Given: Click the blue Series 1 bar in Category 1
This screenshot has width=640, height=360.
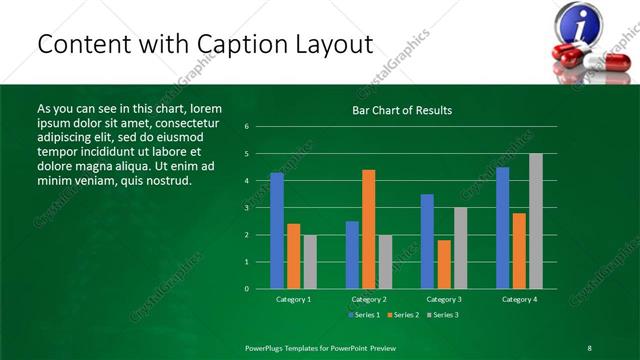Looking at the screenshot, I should click(x=277, y=230).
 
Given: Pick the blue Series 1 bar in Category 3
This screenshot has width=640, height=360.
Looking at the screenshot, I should click(x=427, y=241).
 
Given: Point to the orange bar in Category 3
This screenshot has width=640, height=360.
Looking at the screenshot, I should click(x=444, y=264).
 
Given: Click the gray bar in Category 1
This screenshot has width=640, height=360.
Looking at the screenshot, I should click(x=310, y=261).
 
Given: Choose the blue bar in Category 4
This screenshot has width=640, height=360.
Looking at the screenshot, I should click(x=502, y=227).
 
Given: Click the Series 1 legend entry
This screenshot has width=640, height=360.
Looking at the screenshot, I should click(x=362, y=315).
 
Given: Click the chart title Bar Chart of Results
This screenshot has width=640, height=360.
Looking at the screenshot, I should click(x=402, y=109).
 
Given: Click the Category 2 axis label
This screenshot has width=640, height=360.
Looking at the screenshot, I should click(x=369, y=299).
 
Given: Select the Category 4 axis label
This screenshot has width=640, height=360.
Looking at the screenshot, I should click(x=519, y=299).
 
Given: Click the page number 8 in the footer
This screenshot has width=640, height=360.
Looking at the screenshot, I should click(x=590, y=348).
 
